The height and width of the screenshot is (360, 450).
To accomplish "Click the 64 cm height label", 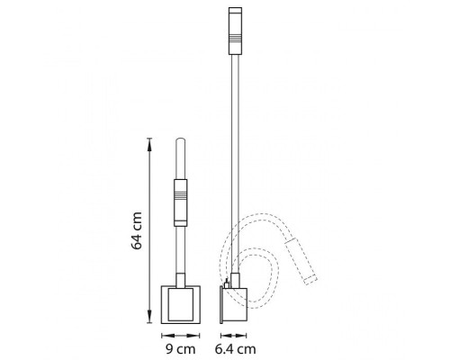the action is coord(137,230).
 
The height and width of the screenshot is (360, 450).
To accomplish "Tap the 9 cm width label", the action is coord(180,349).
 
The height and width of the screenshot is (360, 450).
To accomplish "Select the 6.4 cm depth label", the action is coord(235,349).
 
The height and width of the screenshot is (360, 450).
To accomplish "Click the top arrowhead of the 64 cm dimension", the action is coord(149,145).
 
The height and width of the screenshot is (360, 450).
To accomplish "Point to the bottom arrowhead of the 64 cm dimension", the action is coord(149,317).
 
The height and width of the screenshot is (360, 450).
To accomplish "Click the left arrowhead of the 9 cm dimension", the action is coord(167,336).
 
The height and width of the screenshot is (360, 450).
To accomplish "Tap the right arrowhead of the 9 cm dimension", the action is coord(193,336).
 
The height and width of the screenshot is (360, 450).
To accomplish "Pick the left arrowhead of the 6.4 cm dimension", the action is coord(226,336).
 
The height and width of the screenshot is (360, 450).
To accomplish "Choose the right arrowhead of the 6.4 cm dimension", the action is coord(241,336).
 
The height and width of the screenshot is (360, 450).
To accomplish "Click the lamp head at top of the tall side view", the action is coord(235,31).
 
